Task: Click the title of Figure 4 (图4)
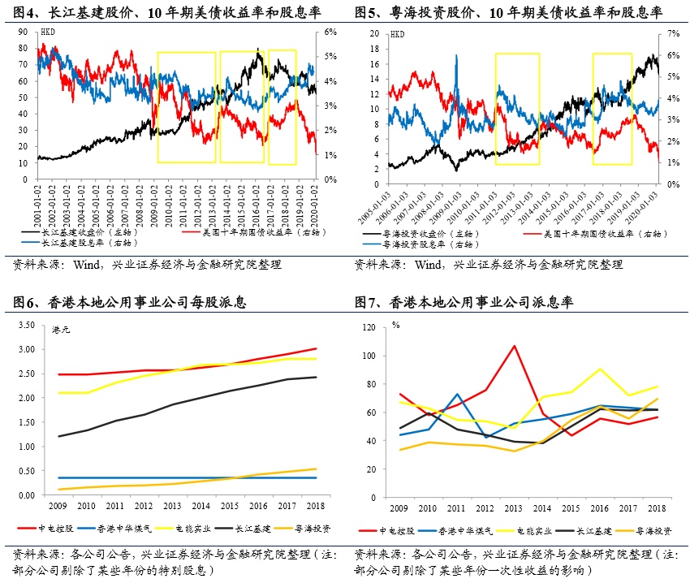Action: tap(167, 13)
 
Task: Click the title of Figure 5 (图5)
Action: tap(508, 13)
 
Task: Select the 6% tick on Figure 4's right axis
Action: tap(330, 32)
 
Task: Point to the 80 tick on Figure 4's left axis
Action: tap(25, 48)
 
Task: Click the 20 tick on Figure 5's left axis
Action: tap(375, 33)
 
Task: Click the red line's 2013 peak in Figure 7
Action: tap(513, 346)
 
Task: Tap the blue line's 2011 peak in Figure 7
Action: tap(457, 394)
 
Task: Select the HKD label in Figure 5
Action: tap(397, 34)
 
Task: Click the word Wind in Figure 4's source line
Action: tap(86, 265)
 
